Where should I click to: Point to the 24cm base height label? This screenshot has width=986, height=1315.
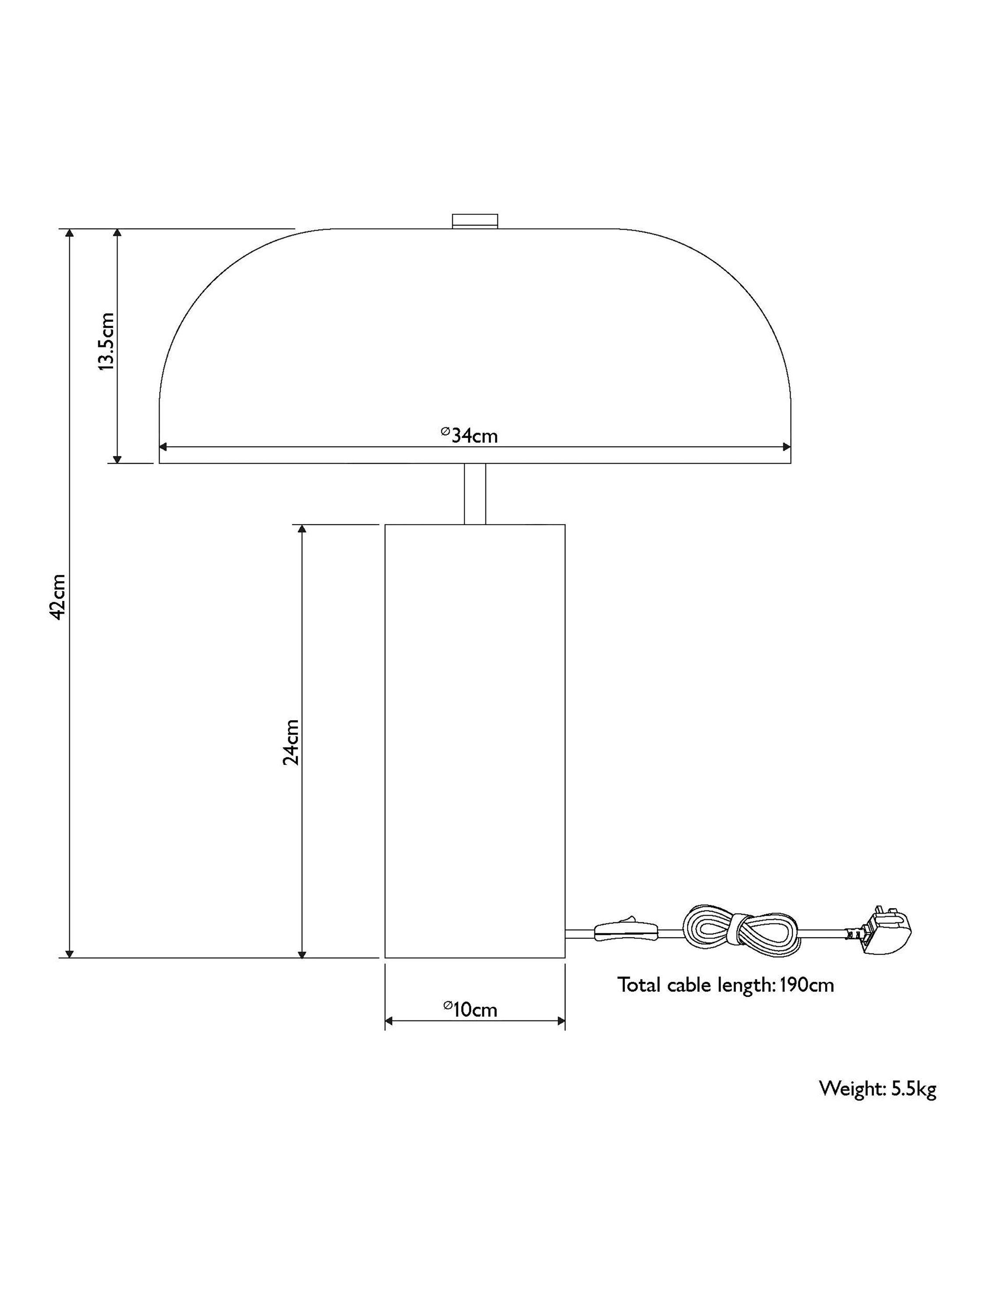pyautogui.click(x=291, y=742)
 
